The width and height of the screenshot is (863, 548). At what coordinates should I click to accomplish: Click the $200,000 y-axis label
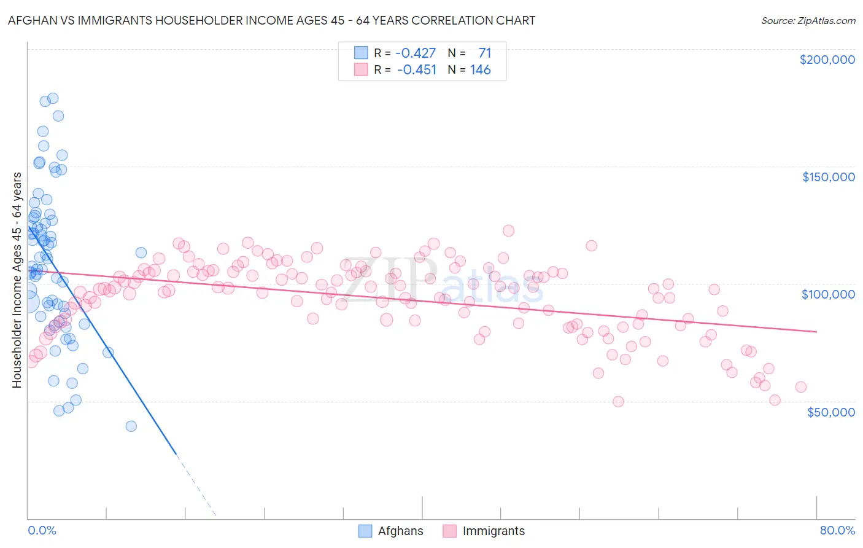coord(827,60)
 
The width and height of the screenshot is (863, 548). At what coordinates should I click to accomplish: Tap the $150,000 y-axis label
coord(828,177)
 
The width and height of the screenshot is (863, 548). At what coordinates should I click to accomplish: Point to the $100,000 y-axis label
coord(828,294)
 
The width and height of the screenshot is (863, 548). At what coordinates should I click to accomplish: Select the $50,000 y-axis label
coord(830,412)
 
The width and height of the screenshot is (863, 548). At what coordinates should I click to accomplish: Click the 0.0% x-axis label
coord(42,530)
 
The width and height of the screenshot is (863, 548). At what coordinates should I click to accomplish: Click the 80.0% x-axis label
coord(837,530)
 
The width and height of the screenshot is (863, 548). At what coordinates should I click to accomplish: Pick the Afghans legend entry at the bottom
coord(400,531)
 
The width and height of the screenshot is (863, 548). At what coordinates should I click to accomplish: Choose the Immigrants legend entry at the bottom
coord(493,531)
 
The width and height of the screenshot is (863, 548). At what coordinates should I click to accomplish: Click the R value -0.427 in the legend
coord(416,53)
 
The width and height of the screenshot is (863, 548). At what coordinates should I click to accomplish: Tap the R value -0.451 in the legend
coord(417,69)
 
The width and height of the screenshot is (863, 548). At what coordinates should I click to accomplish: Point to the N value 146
coord(480,69)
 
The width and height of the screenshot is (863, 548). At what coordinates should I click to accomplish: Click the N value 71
coord(484,53)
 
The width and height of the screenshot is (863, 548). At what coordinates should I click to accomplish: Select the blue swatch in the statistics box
coord(361,53)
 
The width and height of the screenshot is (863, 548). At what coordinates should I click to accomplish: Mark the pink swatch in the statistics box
coord(361,69)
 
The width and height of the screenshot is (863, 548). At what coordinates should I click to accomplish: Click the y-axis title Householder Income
coord(17,280)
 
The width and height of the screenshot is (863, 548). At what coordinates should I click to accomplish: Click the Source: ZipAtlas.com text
coord(808,20)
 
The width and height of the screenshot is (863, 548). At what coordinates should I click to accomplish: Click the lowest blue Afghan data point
coord(131,426)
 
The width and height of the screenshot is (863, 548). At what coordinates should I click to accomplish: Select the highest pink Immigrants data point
coord(508,230)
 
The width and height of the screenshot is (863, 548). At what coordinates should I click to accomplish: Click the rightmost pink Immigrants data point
coord(800,387)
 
